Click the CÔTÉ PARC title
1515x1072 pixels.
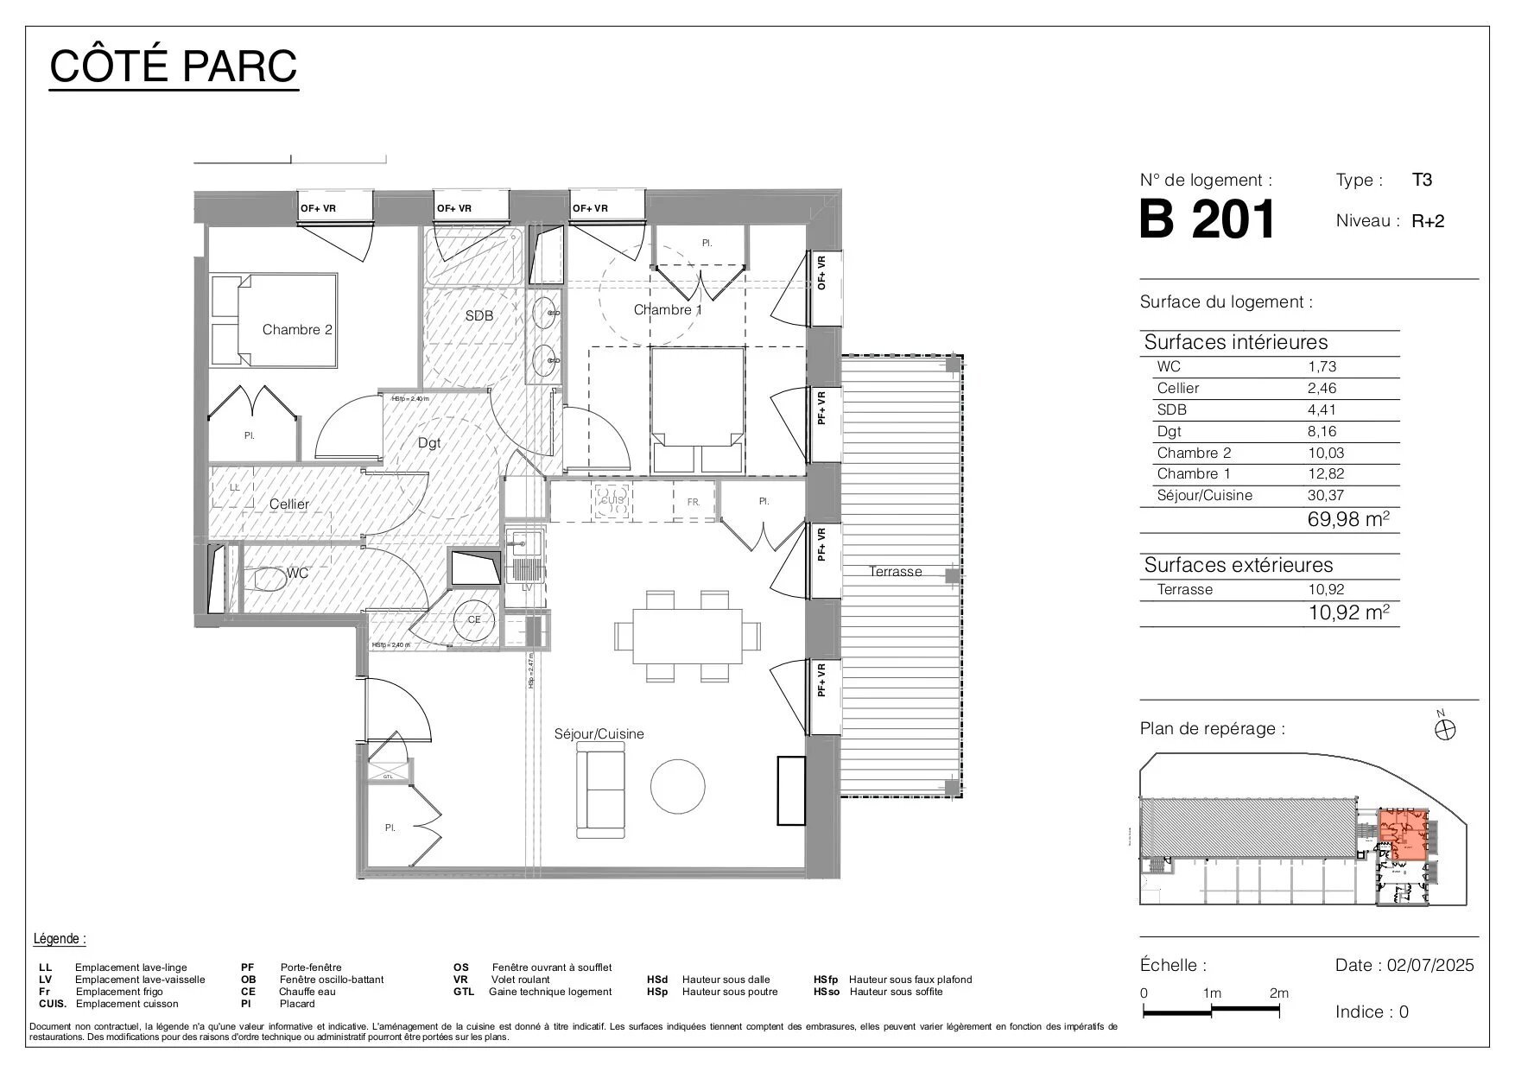coord(174,66)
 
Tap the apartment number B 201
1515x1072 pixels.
coord(1207,219)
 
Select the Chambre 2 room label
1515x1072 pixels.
coord(297,329)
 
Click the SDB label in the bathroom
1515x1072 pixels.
coord(479,315)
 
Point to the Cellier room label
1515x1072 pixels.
coord(288,504)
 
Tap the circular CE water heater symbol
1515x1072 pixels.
coord(474,619)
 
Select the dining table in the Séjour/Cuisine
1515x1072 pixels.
coord(688,636)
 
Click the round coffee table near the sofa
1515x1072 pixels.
coord(677,785)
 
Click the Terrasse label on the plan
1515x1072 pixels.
coord(895,571)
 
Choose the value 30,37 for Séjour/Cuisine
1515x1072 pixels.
coord(1326,495)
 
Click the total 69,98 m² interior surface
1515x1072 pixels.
coord(1347,518)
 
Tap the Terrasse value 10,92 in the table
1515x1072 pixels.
coord(1326,589)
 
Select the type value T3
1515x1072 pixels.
coord(1422,180)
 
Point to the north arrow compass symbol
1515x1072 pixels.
coord(1445,729)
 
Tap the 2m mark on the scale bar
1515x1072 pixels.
coord(1278,993)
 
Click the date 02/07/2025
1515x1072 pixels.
coord(1430,965)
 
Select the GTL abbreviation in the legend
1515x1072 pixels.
coord(463,992)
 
